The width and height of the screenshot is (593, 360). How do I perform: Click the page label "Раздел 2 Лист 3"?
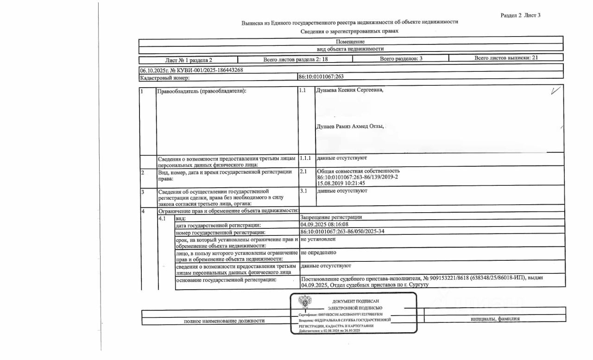(520, 15)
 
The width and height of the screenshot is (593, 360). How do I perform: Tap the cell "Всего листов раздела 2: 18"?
(296, 59)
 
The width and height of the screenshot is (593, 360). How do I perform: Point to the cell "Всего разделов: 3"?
(401, 59)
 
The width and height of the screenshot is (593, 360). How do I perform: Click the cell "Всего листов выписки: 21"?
(506, 58)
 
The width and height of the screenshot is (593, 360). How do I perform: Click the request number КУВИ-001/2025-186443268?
(207, 70)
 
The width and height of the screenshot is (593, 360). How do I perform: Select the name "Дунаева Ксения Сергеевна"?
(349, 90)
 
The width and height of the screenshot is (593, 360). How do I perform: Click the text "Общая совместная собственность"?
(358, 171)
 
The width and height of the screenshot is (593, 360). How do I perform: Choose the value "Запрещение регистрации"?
(331, 217)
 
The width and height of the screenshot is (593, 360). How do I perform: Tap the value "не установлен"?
(318, 239)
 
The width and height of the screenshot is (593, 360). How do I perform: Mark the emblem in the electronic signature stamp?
(305, 304)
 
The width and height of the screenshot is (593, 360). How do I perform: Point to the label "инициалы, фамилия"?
(495, 319)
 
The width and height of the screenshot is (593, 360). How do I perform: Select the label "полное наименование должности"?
(224, 321)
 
